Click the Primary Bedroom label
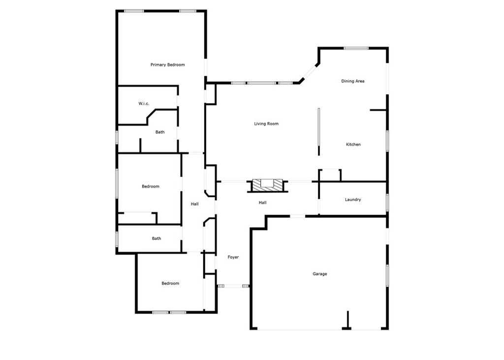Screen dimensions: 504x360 click(x=167, y=65)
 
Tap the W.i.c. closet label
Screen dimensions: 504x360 click(x=144, y=103)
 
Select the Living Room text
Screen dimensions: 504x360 click(x=266, y=124)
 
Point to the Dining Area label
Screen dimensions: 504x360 click(x=352, y=81)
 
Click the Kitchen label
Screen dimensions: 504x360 click(x=353, y=144)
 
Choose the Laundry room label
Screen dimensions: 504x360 click(x=352, y=199)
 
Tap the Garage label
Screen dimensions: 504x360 click(x=319, y=274)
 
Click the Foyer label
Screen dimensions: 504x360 click(x=233, y=257)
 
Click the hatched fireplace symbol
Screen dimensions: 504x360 click(x=267, y=185)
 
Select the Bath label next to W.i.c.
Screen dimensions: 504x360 click(x=160, y=132)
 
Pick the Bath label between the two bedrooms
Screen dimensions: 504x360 click(x=156, y=238)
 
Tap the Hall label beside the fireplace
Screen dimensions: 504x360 click(x=263, y=203)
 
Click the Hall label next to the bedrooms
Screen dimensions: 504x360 click(x=194, y=204)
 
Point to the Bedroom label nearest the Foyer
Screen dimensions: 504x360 click(x=170, y=284)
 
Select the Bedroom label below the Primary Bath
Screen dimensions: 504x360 click(x=151, y=186)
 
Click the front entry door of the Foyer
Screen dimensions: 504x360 click(x=233, y=285)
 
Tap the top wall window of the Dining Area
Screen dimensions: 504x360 click(x=356, y=48)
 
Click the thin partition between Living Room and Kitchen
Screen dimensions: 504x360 click(x=319, y=132)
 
